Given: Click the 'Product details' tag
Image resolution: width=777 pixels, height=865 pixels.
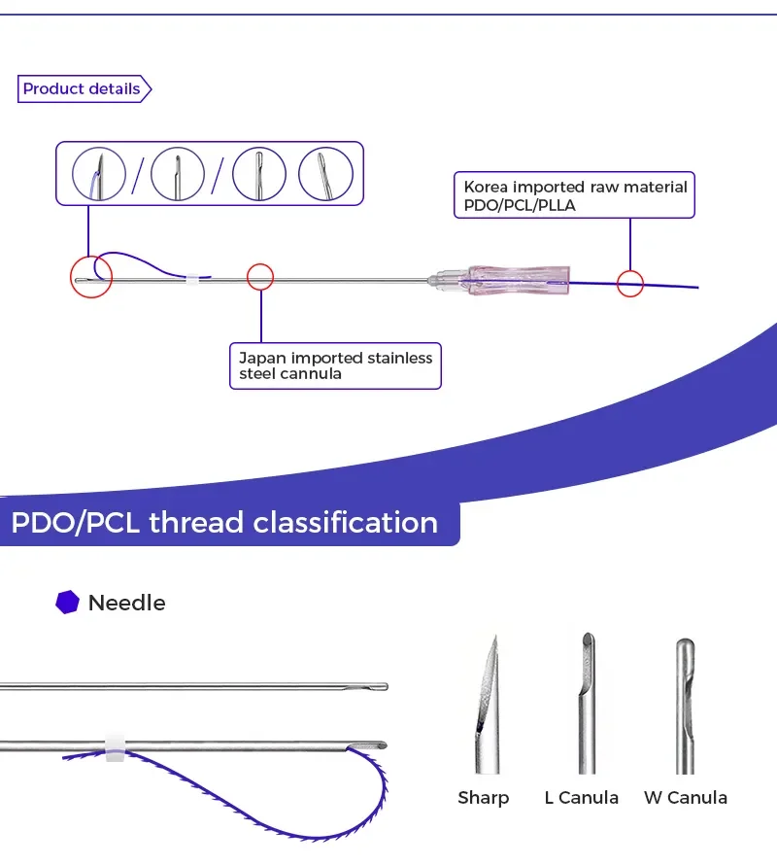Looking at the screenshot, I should [84, 89].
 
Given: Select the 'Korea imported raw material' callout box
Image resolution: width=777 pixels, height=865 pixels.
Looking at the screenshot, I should [575, 196].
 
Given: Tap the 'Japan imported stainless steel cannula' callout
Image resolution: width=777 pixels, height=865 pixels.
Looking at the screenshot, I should [335, 366].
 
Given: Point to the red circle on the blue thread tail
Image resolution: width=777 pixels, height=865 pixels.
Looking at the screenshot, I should [630, 284].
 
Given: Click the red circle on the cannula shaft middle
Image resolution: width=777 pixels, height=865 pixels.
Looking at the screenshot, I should [260, 277].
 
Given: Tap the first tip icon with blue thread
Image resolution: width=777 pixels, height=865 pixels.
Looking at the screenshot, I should [99, 174].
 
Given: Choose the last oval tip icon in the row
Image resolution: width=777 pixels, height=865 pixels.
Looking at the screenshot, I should [325, 174].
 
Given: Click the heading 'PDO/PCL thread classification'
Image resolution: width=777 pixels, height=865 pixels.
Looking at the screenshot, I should [224, 522].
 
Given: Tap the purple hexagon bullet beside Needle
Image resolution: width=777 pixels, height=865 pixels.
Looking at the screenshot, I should [66, 603].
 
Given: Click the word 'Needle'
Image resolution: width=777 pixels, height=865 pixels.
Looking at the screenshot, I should [126, 603].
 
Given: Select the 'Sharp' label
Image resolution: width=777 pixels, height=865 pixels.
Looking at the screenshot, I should [483, 798].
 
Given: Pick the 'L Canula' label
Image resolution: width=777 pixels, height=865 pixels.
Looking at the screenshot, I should [581, 798].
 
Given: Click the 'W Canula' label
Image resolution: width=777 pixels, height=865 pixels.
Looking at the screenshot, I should [685, 798].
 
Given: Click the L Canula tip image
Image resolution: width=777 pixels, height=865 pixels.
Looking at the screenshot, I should [586, 700].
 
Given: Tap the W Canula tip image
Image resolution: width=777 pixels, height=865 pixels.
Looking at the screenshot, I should [685, 700].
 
